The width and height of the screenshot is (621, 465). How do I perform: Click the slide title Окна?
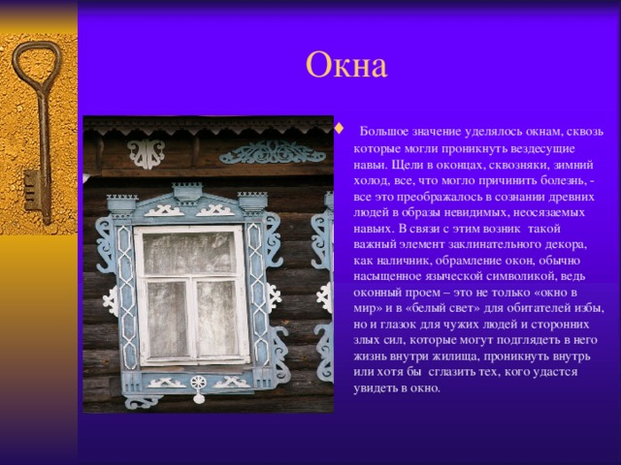click(346, 65)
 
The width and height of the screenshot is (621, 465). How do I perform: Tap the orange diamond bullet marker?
click(339, 129)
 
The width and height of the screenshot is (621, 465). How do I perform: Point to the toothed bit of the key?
click(31, 191)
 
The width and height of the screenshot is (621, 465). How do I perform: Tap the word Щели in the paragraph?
click(405, 166)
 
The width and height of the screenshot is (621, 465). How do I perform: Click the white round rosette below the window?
click(198, 385)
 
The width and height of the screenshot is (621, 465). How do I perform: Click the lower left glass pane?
click(168, 319)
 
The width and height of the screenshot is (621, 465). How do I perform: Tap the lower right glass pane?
click(217, 319)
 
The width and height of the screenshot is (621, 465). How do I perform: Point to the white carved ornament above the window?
click(147, 153)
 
